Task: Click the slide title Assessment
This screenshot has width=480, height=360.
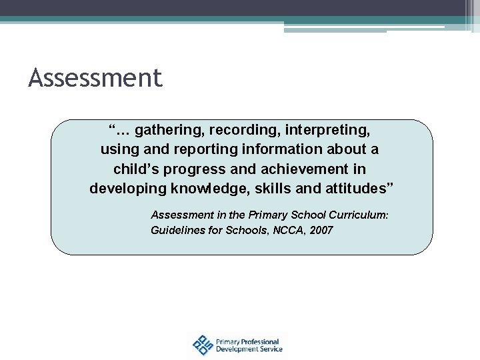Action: (95, 79)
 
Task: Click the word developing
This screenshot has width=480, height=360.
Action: (127, 189)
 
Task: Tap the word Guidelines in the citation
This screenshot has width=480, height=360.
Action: (175, 231)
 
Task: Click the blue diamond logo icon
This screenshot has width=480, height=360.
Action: (201, 345)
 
